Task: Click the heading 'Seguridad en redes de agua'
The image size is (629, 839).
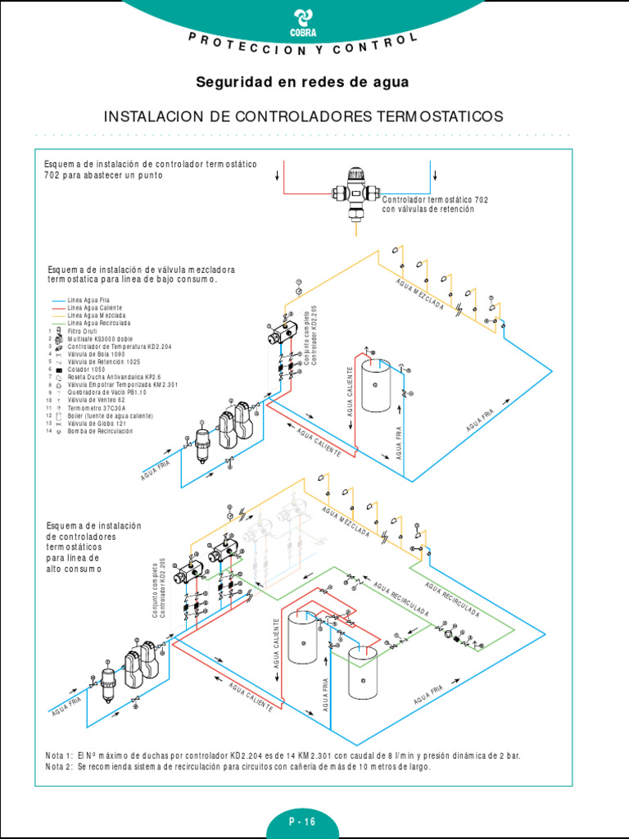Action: click(301, 82)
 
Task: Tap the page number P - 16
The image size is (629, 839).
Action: click(301, 821)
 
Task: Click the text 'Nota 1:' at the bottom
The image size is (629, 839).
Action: click(60, 755)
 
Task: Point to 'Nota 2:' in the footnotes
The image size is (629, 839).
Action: click(60, 767)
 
